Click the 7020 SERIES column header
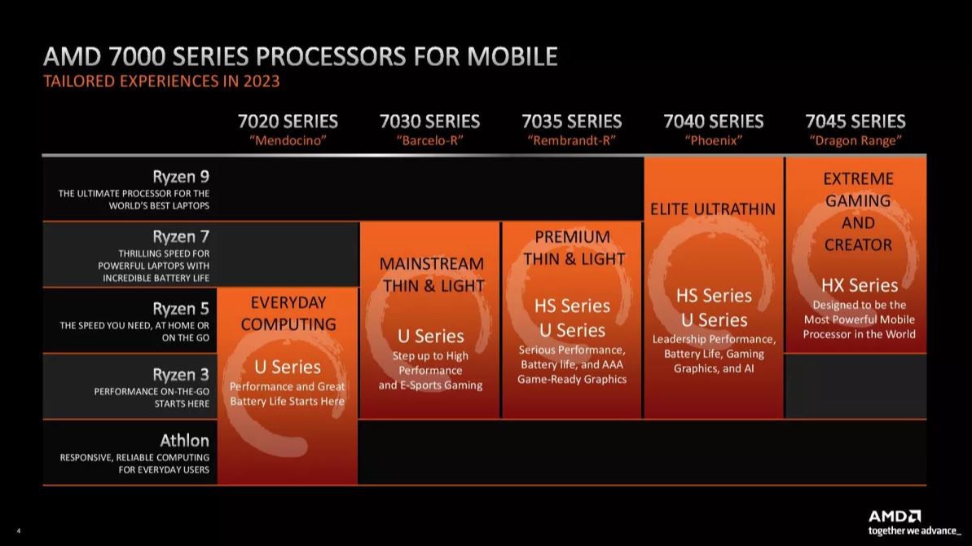pyautogui.click(x=288, y=121)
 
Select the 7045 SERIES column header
pyautogui.click(x=855, y=121)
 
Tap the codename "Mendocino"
pyautogui.click(x=288, y=140)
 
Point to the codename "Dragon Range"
pyautogui.click(x=855, y=140)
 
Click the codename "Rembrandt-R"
pyautogui.click(x=571, y=140)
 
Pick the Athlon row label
pyautogui.click(x=184, y=441)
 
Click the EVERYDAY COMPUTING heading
pyautogui.click(x=288, y=313)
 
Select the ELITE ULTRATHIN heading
pyautogui.click(x=713, y=209)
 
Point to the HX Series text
pyautogui.click(x=859, y=284)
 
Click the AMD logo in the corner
pyautogui.click(x=895, y=516)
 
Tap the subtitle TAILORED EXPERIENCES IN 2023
pyautogui.click(x=161, y=81)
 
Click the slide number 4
pyautogui.click(x=18, y=531)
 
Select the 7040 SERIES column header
pyautogui.click(x=713, y=121)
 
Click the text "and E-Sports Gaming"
pyautogui.click(x=430, y=385)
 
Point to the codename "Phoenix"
pyautogui.click(x=713, y=140)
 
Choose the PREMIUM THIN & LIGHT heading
pyautogui.click(x=574, y=248)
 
